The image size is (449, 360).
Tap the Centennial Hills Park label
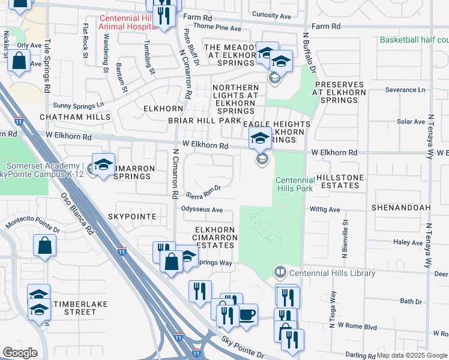[295, 184]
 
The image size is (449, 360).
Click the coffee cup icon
[247, 314]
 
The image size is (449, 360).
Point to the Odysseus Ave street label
[202, 210]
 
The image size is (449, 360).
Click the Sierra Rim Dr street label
[203, 191]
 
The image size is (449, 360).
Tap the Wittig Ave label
[325, 210]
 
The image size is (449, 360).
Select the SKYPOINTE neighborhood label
[133, 216]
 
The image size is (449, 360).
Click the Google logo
[20, 353]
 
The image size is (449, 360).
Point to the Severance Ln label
[405, 90]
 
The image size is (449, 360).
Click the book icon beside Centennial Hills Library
[279, 273]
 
